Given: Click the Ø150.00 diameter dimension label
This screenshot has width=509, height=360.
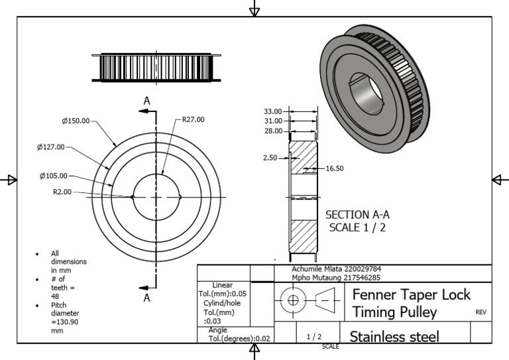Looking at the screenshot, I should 76,121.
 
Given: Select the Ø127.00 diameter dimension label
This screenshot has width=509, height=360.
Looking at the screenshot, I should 51,147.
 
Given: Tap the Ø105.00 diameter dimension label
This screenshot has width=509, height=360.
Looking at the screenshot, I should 53,176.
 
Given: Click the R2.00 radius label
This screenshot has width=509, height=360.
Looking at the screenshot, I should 62,192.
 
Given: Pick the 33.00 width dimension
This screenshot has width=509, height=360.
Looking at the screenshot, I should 272,111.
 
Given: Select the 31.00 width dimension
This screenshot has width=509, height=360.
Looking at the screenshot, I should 272,121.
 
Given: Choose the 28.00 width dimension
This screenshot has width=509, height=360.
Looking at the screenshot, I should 272,131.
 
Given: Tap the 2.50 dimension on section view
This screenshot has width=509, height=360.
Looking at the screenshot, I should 270,158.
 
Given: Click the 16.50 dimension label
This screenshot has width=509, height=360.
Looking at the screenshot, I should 335,169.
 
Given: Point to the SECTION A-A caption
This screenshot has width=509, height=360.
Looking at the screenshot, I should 357,215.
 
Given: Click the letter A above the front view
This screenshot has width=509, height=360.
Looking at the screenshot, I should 147,100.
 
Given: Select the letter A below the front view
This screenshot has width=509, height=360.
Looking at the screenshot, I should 147,298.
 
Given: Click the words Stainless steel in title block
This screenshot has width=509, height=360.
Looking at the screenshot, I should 394,336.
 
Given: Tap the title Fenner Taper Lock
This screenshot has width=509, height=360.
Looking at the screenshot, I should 411,294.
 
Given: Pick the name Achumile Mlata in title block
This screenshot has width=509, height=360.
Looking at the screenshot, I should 315,269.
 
